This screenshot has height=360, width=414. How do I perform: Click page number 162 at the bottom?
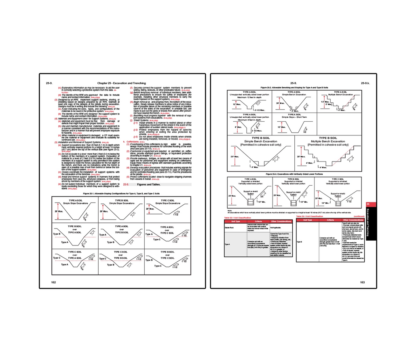tap(53, 282)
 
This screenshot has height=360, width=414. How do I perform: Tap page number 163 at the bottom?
tap(362, 282)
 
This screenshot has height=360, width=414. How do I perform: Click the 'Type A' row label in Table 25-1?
tap(227, 244)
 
